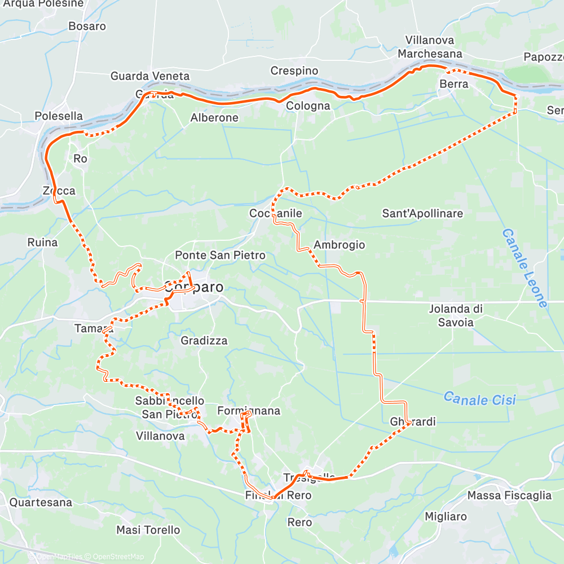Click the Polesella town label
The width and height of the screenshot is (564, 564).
[x=59, y=116]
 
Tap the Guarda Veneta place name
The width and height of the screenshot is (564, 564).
[x=150, y=76]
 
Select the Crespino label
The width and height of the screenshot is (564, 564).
[x=294, y=71]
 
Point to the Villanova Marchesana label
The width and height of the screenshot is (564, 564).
[x=430, y=47]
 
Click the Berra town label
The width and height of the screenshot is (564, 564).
[x=454, y=84]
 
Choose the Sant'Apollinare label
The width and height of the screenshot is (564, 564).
[x=422, y=214]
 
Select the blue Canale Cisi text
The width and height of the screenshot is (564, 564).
[x=479, y=399]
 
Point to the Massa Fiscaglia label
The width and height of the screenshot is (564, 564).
[x=509, y=496]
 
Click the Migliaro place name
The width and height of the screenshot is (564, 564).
[x=446, y=517]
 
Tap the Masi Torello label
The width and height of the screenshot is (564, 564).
[x=148, y=530]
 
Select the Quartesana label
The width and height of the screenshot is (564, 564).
[x=41, y=502]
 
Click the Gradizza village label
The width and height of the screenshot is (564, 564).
[x=204, y=341]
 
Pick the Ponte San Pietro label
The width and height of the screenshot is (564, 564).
[x=220, y=255]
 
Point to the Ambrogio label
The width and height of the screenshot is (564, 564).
[x=339, y=245]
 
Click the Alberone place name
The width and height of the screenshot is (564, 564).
[x=214, y=118]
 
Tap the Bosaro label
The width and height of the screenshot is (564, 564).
[x=87, y=26]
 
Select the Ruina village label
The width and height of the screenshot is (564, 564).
[x=42, y=243]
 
